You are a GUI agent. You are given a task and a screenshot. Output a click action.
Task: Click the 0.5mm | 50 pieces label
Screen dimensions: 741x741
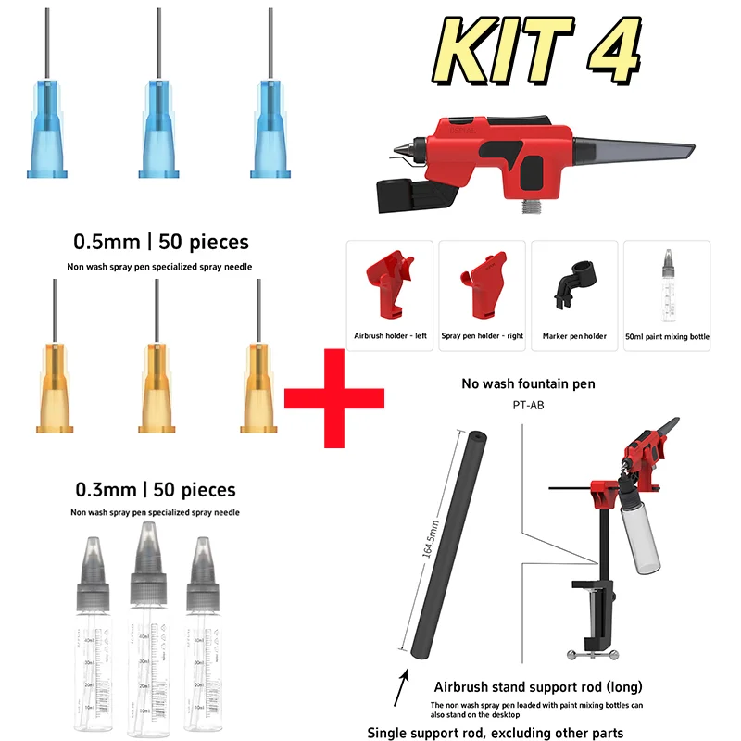[x=161, y=243]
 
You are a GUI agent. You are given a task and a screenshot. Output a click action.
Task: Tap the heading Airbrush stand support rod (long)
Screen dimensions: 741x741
[x=538, y=687]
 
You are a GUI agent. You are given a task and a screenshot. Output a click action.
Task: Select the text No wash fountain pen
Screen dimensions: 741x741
[x=529, y=383]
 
